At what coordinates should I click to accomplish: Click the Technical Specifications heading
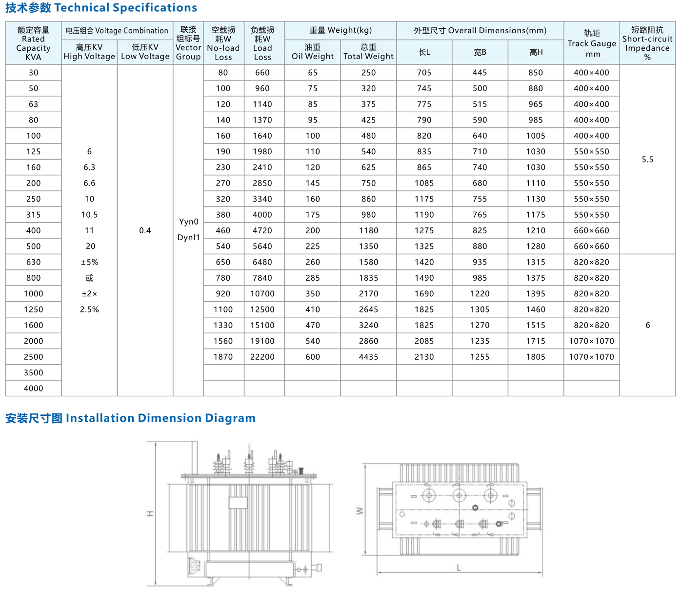(x=101, y=8)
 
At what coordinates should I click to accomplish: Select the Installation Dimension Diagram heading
(x=130, y=418)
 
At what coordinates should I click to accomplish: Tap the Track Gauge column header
(x=592, y=43)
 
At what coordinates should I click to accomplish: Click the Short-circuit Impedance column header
(x=647, y=43)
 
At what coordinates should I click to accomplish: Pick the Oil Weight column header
(x=312, y=52)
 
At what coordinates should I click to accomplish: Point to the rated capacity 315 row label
(x=33, y=215)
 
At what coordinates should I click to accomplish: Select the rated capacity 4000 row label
(x=33, y=389)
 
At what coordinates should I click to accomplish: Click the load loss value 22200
(x=262, y=357)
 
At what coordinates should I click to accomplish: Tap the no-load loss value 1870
(x=223, y=357)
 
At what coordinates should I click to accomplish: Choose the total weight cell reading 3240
(x=368, y=325)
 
